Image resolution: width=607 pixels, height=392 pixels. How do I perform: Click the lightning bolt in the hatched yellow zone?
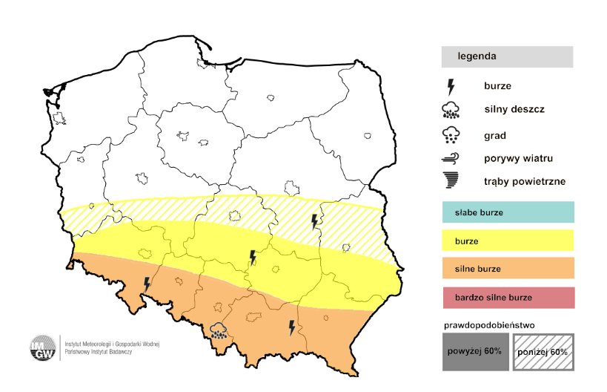click(315, 221)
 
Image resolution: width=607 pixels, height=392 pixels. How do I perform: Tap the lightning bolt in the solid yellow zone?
click(253, 257)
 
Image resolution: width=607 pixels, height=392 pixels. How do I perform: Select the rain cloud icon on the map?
click(219, 330)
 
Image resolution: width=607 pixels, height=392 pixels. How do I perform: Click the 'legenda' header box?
click(507, 56)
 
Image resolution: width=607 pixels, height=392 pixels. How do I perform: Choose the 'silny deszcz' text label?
click(514, 109)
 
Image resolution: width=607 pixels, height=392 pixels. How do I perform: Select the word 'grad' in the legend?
click(494, 135)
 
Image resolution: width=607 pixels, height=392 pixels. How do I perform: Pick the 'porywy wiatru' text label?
click(519, 158)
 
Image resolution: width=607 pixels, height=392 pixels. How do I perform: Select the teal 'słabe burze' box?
click(507, 213)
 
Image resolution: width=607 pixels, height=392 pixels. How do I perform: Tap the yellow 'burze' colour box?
click(507, 241)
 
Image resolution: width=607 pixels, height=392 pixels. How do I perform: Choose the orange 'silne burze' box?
click(507, 269)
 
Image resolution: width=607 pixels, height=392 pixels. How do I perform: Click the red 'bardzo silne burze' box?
click(507, 297)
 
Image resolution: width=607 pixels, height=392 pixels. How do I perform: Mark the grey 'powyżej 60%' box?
click(474, 350)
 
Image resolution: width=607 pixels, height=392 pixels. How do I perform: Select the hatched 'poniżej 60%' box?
click(543, 350)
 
